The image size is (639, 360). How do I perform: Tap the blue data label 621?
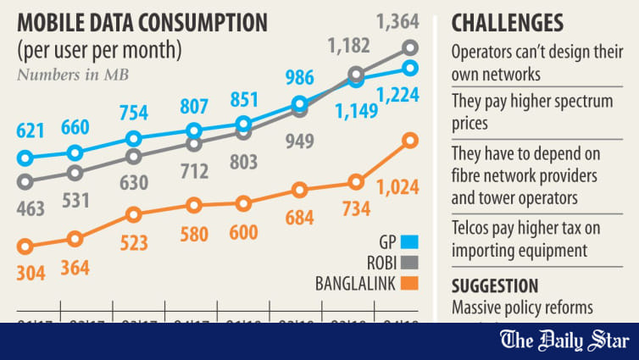coord(31,131)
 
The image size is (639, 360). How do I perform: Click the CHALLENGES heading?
coord(507,21)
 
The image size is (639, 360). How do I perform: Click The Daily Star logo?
coord(565,341)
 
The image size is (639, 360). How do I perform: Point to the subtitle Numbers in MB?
coord(73,73)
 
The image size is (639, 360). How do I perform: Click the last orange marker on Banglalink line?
coord(410,140)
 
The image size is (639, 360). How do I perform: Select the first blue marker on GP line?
coord(25,158)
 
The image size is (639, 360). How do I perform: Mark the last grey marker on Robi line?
coord(410,47)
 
